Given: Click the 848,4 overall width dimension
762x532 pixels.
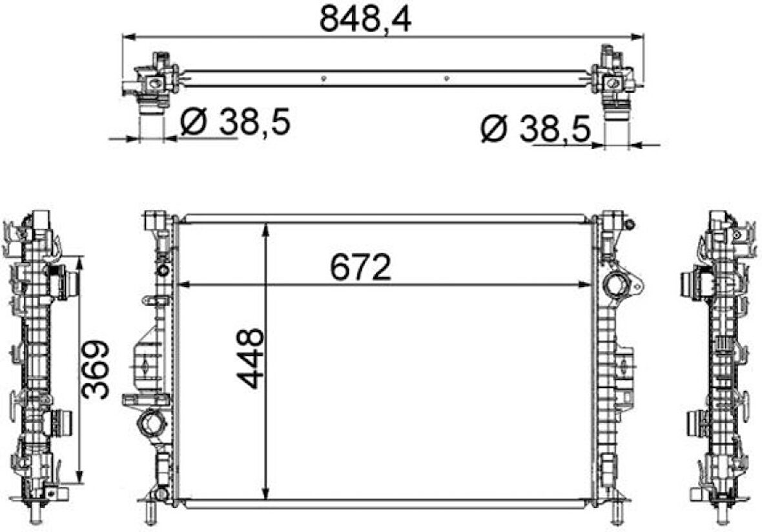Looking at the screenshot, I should point(365,20).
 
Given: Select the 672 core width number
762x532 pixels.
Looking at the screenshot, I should point(360,267).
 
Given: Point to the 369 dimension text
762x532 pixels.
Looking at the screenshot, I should point(96,370).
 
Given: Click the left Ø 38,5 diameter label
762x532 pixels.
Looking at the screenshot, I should point(234,122).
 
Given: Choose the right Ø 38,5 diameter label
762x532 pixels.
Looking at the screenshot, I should point(535,131).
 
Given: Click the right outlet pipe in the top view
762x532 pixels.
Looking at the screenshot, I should point(616,114).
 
